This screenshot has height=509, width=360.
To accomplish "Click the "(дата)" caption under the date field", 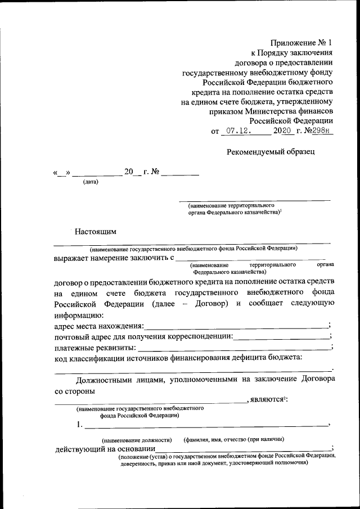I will (x=91, y=182).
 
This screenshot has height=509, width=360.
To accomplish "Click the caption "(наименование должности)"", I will (x=136, y=439).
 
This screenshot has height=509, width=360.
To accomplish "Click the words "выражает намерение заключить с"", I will (x=112, y=258).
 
